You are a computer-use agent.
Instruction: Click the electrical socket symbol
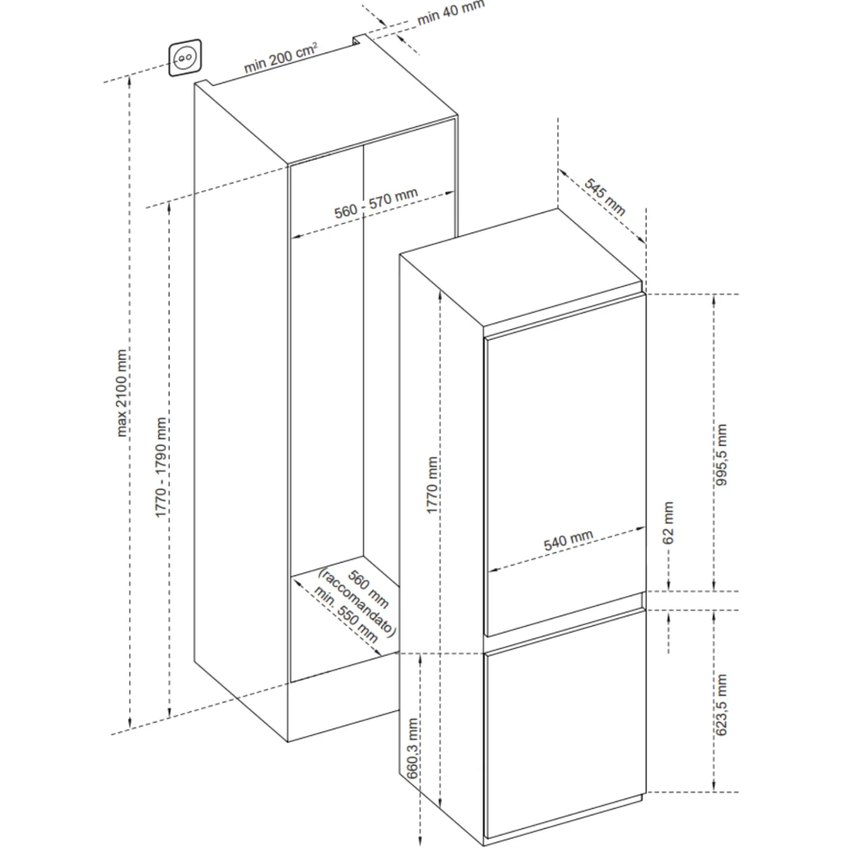[185, 57]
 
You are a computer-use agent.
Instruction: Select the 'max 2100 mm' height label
[122, 393]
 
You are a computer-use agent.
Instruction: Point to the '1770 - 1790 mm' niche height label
[161, 467]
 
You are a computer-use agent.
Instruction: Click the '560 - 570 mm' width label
[376, 203]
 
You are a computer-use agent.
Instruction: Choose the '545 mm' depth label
[605, 197]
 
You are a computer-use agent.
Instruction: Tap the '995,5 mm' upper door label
[721, 454]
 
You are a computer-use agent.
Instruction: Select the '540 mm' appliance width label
[568, 540]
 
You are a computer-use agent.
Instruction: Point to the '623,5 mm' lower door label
[721, 705]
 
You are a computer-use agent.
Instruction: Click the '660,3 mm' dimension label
[413, 749]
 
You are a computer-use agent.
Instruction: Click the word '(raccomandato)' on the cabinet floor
[357, 602]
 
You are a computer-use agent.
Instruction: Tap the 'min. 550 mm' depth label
[346, 615]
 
